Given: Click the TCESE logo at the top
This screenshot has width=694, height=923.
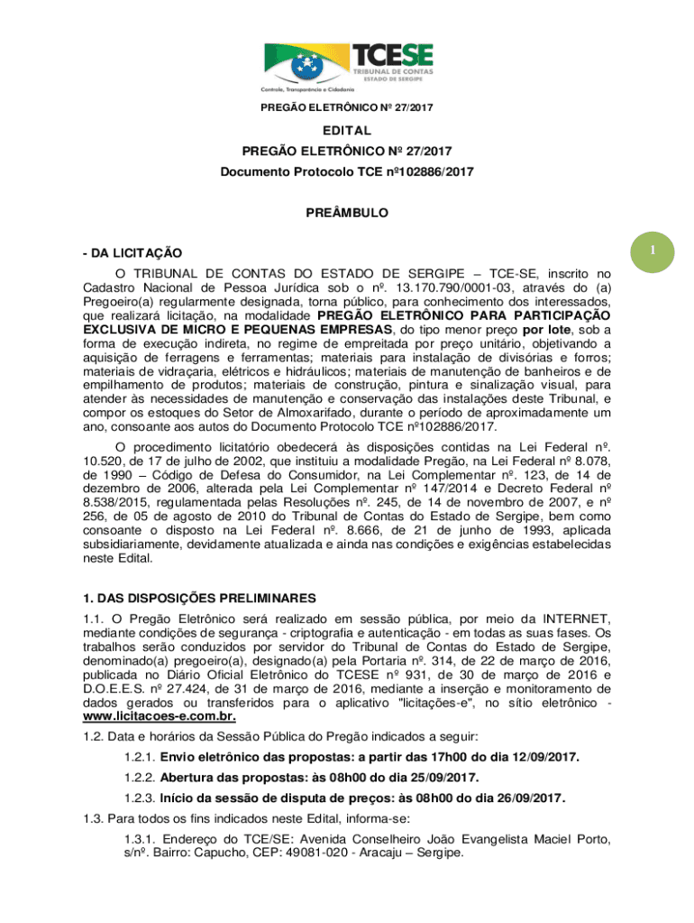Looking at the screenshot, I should click(x=348, y=64).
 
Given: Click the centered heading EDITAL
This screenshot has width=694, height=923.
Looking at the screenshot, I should click(x=347, y=131).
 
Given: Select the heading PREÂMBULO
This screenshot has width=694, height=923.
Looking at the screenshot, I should click(x=347, y=215).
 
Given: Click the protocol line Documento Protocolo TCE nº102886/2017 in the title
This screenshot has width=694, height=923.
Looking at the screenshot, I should click(x=347, y=171).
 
